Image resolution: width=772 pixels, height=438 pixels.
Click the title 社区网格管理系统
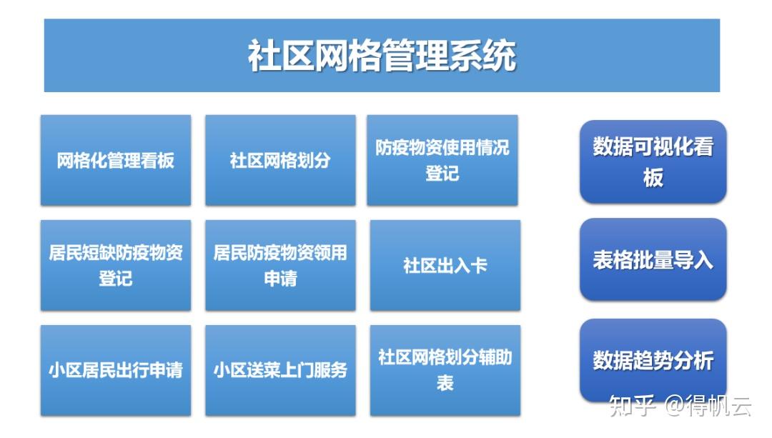coord(382,56)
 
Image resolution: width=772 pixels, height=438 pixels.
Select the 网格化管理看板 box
coord(116,160)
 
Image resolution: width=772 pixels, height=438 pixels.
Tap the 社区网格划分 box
coord(280,160)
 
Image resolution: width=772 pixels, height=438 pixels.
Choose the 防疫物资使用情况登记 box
coord(442,160)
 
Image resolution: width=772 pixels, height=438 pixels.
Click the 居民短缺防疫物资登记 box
coord(116,265)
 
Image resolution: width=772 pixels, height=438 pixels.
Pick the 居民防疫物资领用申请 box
coord(280,265)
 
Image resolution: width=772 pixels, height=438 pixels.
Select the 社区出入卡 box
coord(445,265)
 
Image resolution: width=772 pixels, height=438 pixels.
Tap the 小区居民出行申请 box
coord(116,370)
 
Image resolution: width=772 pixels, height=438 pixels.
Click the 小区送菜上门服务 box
coord(280,370)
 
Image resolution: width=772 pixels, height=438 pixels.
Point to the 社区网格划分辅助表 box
coord(445,370)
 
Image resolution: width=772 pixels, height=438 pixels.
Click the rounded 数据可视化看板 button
coord(653,161)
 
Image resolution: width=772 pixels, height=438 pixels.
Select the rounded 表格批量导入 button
coord(653,259)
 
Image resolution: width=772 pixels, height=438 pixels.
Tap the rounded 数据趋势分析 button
coord(653,360)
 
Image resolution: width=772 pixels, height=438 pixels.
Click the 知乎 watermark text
coord(630,407)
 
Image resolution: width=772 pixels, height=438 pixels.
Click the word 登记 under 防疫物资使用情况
coord(442,174)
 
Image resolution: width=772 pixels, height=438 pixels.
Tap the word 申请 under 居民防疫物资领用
coord(280,279)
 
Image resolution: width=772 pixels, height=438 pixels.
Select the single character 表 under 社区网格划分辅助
coord(445,384)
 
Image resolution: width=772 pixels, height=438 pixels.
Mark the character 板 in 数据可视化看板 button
coord(653,177)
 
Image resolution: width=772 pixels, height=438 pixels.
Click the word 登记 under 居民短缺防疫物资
coord(116,279)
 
